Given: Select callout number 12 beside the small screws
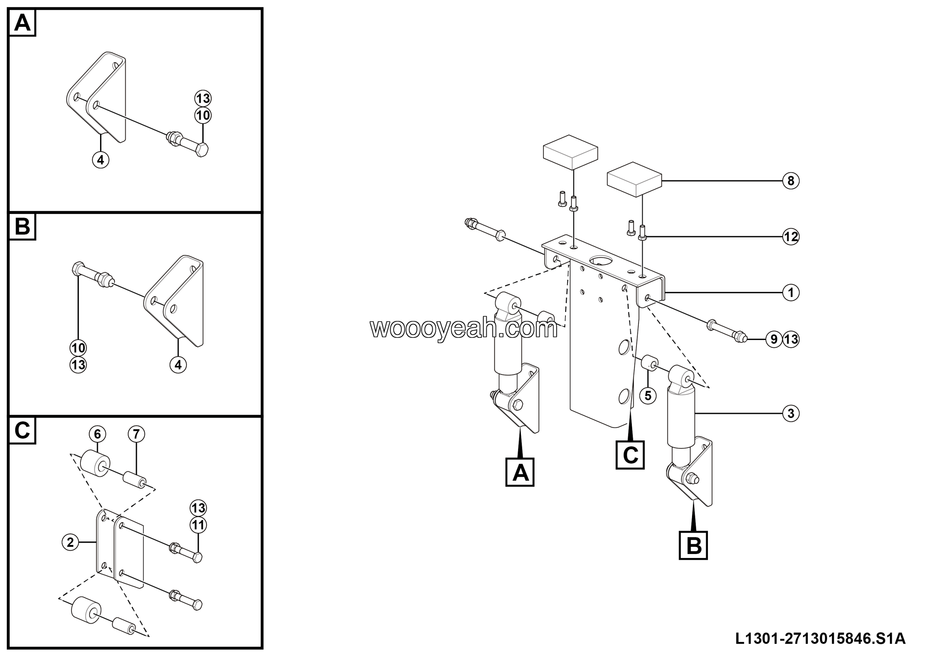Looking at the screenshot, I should pyautogui.click(x=791, y=236).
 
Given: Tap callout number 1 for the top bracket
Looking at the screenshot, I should pyautogui.click(x=791, y=292).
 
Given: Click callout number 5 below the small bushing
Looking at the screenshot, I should pyautogui.click(x=648, y=395).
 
